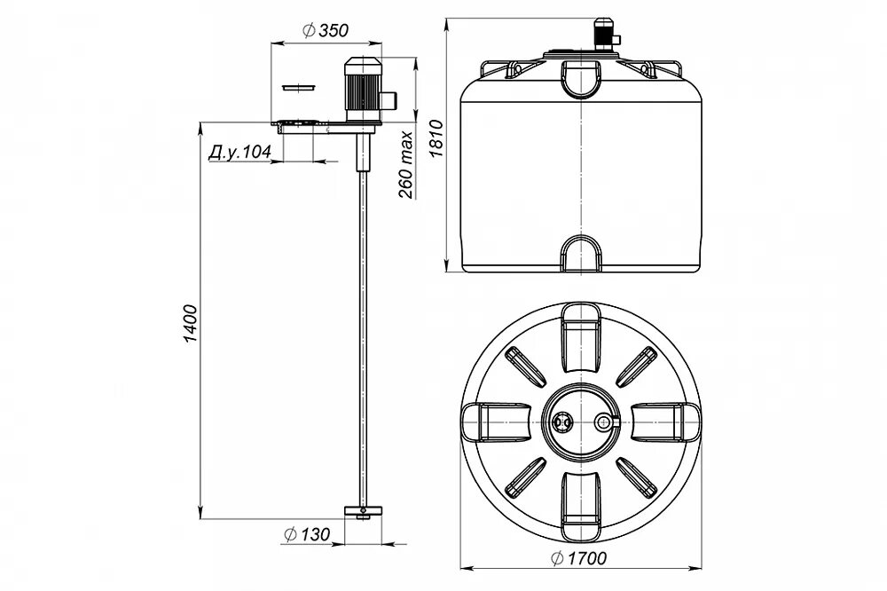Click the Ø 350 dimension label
(x=326, y=30)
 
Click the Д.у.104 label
(x=239, y=153)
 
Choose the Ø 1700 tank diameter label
(x=577, y=559)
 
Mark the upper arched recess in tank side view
(x=581, y=77)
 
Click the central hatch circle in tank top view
(x=581, y=422)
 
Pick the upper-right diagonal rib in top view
(x=636, y=365)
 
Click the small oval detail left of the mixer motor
(x=299, y=88)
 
